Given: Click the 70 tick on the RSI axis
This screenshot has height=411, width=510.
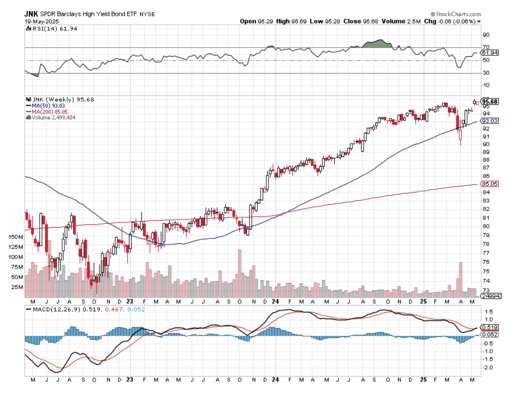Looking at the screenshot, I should (485, 47).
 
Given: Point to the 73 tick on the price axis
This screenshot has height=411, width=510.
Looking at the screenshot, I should (485, 290).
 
